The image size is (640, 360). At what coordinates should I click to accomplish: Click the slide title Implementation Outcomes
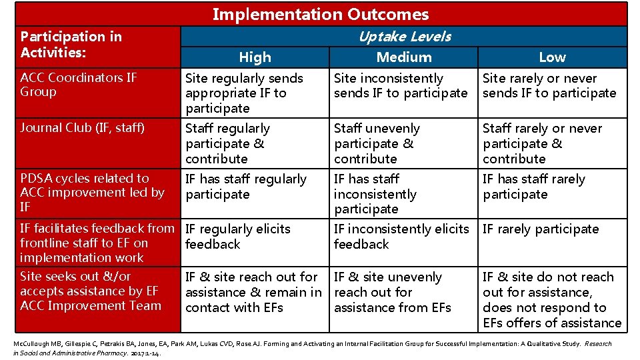(321, 14)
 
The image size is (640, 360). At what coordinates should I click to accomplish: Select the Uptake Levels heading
(404, 37)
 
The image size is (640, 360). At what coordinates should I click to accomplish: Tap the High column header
(255, 57)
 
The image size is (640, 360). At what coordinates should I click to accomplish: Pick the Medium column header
(404, 57)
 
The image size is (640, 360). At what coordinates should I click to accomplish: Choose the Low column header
(552, 57)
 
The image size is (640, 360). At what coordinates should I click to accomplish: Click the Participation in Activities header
(71, 44)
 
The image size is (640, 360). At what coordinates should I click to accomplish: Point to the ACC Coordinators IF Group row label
(79, 85)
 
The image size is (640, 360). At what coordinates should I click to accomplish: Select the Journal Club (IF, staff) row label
(82, 128)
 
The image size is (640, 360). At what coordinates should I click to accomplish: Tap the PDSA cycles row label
(91, 193)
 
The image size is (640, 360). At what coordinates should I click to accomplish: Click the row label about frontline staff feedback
(97, 243)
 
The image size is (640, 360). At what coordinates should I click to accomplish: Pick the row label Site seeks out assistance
(91, 291)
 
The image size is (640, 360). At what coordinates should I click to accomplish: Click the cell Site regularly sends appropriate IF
(244, 93)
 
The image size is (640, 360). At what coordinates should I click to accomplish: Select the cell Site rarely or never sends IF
(549, 86)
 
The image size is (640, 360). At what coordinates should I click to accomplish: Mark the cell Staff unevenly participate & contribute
(377, 143)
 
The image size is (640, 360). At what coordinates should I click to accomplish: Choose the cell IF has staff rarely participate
(533, 187)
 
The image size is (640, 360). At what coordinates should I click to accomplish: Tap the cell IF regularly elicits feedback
(237, 236)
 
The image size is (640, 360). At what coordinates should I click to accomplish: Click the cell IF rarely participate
(541, 229)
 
